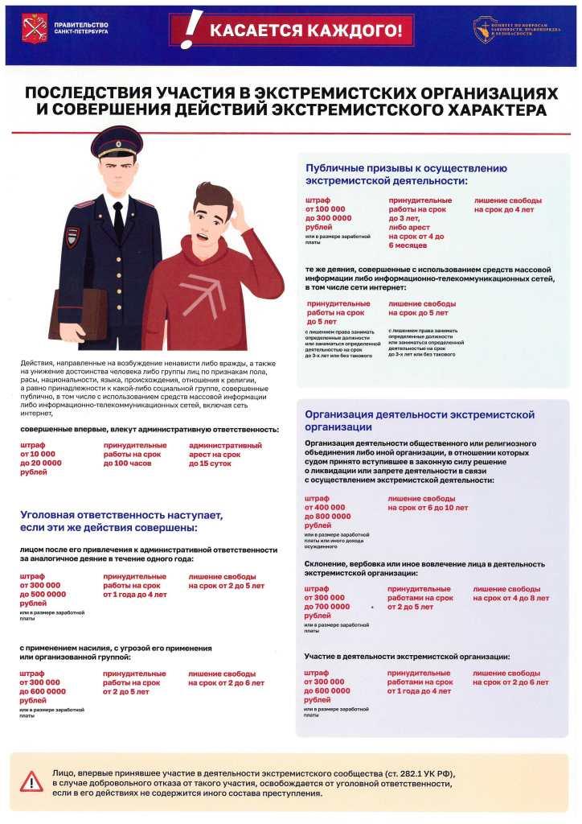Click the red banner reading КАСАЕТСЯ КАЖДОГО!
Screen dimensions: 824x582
pyautogui.click(x=305, y=31)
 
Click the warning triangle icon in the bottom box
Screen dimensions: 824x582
pyautogui.click(x=32, y=781)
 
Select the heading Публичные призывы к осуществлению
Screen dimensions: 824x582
pyautogui.click(x=406, y=168)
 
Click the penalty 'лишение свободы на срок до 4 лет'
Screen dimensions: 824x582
pyautogui.click(x=508, y=205)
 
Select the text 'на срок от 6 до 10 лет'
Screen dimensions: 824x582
pyautogui.click(x=428, y=508)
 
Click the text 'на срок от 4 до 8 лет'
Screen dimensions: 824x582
pyautogui.click(x=510, y=599)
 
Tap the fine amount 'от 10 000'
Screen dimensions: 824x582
pyautogui.click(x=38, y=455)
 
